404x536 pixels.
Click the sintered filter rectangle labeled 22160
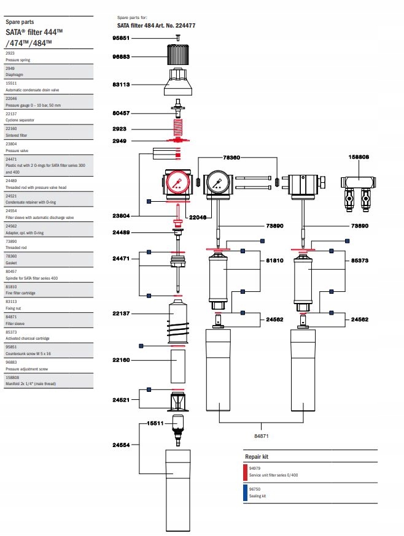coord(177,367)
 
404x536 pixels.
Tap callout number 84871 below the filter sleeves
coord(262,435)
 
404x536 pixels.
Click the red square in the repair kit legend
coord(246,472)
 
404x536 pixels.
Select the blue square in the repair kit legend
coord(246,493)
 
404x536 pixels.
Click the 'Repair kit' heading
coord(257,457)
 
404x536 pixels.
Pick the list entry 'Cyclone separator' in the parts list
coord(18,120)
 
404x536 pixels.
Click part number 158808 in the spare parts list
coord(12,378)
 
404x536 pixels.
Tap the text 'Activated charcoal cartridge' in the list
coord(28,339)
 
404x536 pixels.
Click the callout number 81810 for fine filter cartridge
coord(274,260)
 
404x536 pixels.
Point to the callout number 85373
coord(360,260)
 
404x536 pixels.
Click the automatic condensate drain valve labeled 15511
coord(177,425)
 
